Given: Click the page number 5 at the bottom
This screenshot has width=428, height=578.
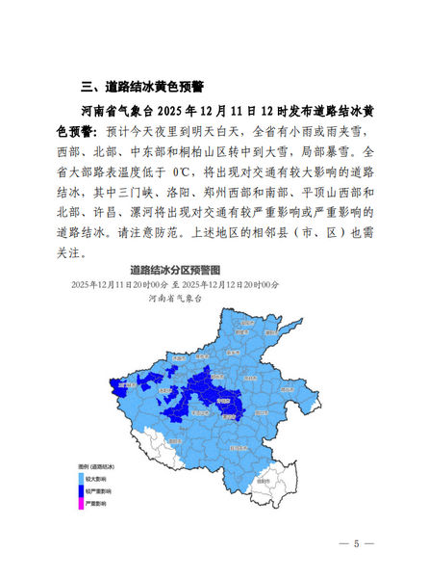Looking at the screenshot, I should [356, 544].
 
